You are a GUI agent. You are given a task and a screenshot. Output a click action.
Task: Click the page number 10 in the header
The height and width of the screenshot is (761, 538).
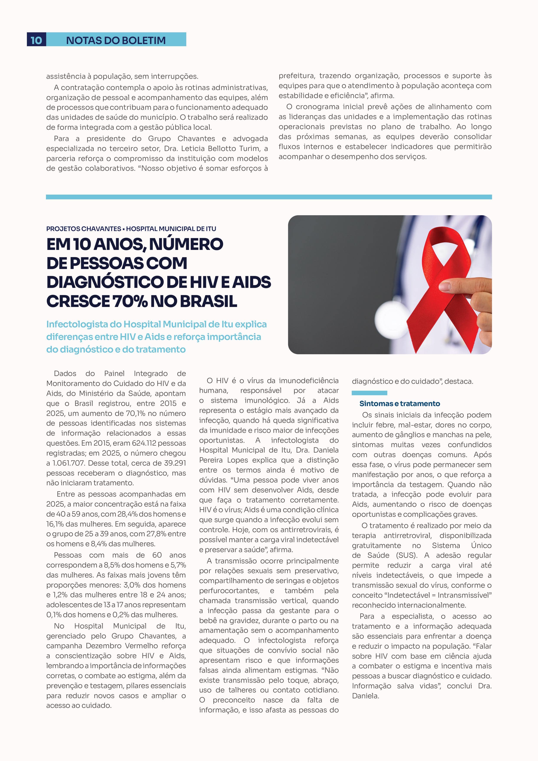(x=36, y=40)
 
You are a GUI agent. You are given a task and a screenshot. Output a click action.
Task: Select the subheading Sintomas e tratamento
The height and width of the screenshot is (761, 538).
(x=399, y=404)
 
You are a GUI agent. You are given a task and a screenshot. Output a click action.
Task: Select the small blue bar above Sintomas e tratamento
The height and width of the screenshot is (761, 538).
(x=369, y=393)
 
